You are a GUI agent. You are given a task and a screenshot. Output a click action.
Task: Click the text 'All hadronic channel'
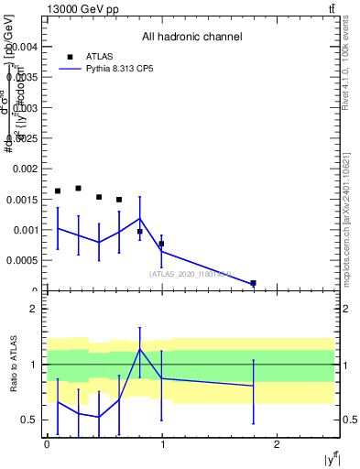click(x=191, y=38)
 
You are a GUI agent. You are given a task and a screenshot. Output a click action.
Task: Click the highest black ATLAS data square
click(x=78, y=189)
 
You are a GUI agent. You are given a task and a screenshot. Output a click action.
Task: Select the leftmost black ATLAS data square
click(x=58, y=191)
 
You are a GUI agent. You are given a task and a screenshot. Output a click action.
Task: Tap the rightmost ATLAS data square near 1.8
click(x=253, y=283)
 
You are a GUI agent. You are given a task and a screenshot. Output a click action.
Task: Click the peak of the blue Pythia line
click(x=140, y=218)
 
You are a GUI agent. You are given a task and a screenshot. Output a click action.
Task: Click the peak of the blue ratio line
click(x=140, y=349)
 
